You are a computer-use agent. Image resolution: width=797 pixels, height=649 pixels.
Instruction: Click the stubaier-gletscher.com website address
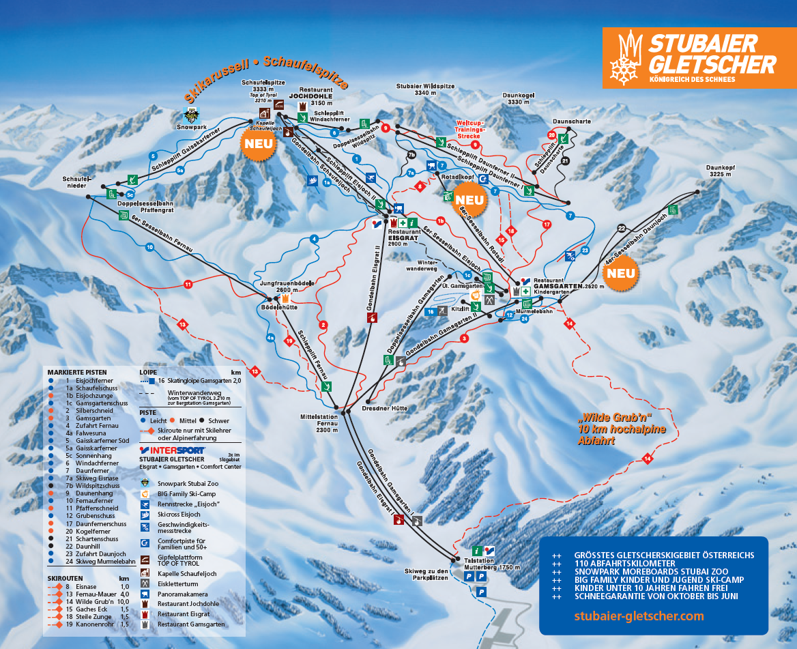639,616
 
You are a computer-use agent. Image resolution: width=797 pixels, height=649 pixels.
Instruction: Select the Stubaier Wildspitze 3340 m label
425,89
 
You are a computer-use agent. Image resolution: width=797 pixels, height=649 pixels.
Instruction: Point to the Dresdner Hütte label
385,408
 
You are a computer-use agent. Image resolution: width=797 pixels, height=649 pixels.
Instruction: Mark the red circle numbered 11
188,284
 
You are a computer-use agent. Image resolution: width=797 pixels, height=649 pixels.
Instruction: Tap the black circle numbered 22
621,228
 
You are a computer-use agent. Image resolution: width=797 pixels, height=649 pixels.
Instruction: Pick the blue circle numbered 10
149,248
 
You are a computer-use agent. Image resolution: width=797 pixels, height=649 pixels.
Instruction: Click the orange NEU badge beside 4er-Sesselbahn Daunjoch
621,273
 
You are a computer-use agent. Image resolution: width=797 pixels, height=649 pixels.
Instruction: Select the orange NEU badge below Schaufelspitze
259,144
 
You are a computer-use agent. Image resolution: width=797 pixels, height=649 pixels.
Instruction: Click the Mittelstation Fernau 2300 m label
319,422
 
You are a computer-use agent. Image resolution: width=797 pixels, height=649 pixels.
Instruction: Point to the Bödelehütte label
279,307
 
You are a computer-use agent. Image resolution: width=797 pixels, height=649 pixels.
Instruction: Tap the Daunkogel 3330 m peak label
521,98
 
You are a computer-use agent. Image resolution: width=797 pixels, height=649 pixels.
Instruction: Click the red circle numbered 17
546,224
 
